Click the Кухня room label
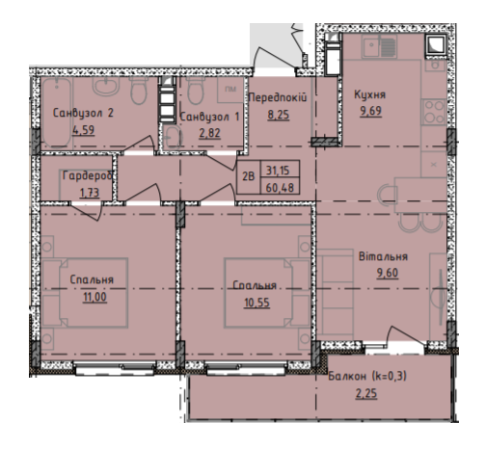[x=369, y=94]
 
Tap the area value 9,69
[x=371, y=111]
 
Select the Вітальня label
[x=383, y=256]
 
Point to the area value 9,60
[x=388, y=273]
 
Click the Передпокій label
[x=278, y=97]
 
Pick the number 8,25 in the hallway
[x=279, y=115]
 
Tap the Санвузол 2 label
[x=83, y=113]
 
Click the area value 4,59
[x=84, y=130]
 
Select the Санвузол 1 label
[x=209, y=117]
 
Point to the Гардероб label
[x=88, y=175]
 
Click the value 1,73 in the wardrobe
[x=90, y=193]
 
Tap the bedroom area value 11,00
[x=94, y=297]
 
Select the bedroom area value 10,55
[x=256, y=303]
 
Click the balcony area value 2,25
[x=366, y=393]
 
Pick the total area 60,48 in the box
[x=280, y=188]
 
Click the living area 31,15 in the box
[x=278, y=171]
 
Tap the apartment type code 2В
[x=248, y=176]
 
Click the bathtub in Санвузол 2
[x=57, y=113]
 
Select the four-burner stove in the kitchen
[x=434, y=112]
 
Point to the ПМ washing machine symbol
[x=230, y=90]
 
